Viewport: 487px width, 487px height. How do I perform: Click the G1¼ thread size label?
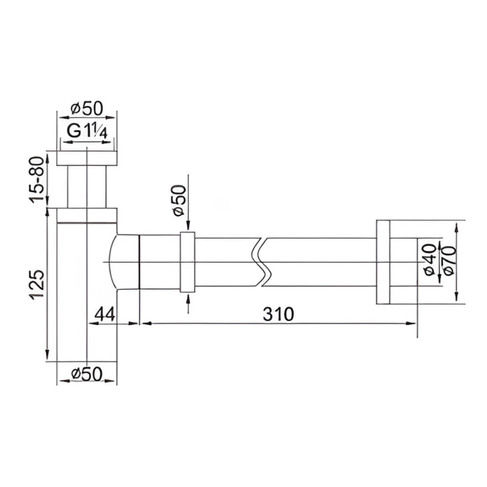(x=87, y=131)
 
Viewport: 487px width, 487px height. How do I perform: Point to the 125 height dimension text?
(x=37, y=284)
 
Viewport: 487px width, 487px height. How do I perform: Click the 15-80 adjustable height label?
(x=37, y=180)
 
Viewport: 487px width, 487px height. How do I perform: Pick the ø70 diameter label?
(x=450, y=260)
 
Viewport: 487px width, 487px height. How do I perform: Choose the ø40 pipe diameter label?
(x=430, y=260)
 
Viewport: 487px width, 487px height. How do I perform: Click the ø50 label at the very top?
(x=87, y=109)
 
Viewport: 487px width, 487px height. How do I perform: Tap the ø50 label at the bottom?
(x=87, y=374)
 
